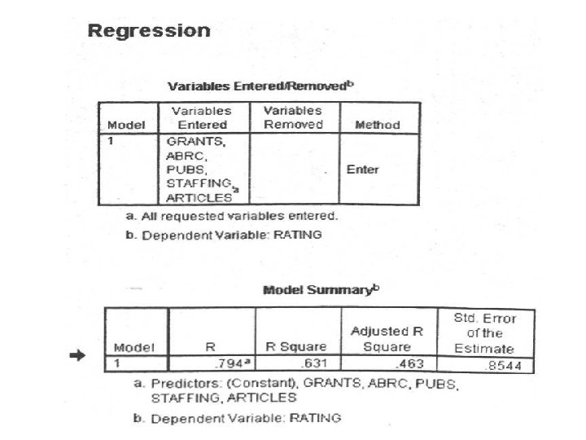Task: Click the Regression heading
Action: click(x=148, y=32)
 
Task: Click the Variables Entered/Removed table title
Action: click(x=261, y=86)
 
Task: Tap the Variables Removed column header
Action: click(x=293, y=117)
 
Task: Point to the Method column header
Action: click(x=378, y=125)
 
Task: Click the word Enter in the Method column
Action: click(x=362, y=169)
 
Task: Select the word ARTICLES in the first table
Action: click(x=194, y=198)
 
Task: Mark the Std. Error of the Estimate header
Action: click(x=488, y=332)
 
